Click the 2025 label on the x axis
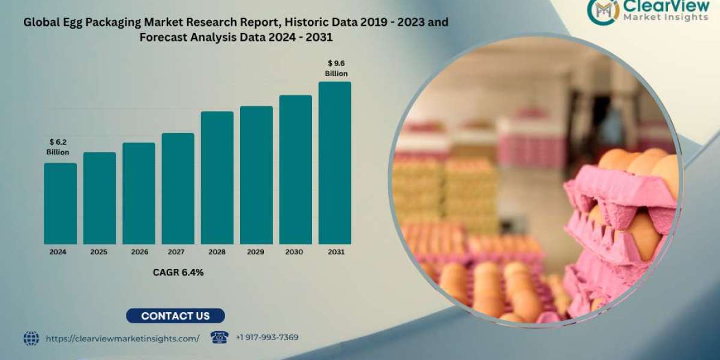(99, 253)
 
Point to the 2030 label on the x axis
(295, 253)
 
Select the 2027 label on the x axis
(178, 253)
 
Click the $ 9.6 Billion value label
(336, 68)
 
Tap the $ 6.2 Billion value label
(58, 147)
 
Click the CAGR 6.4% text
(178, 272)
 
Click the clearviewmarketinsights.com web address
(122, 338)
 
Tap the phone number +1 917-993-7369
(266, 338)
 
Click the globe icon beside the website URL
(31, 338)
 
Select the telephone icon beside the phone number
(220, 338)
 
